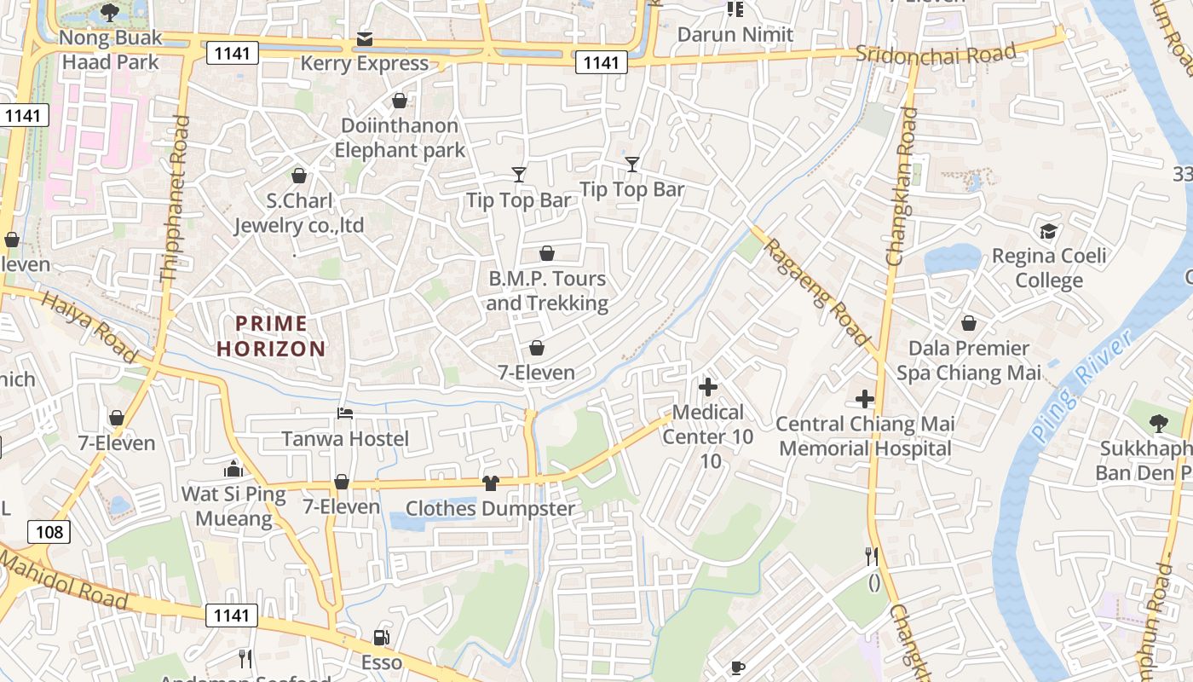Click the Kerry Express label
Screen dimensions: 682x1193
(x=364, y=64)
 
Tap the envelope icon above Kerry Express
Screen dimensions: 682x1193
(x=365, y=39)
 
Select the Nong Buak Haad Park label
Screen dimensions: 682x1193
(x=110, y=50)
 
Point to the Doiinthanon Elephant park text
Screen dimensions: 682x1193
(x=400, y=138)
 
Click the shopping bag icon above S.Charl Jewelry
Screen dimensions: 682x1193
(x=299, y=176)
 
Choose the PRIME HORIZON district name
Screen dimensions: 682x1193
(x=271, y=336)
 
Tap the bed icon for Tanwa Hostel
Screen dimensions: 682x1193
(x=345, y=413)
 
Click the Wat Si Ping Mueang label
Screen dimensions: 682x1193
(x=233, y=506)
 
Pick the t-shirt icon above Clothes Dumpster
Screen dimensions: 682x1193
(x=490, y=483)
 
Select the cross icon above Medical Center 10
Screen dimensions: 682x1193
(x=707, y=387)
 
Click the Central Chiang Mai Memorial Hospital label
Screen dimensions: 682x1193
(x=864, y=436)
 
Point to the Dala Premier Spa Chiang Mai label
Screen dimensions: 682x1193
(x=968, y=361)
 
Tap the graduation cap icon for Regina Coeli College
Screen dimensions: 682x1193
(x=1047, y=231)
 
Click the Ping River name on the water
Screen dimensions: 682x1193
(x=1081, y=386)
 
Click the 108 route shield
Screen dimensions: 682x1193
(x=49, y=532)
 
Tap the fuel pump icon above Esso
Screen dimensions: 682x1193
(x=381, y=638)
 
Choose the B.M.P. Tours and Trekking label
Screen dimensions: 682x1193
(x=547, y=291)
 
